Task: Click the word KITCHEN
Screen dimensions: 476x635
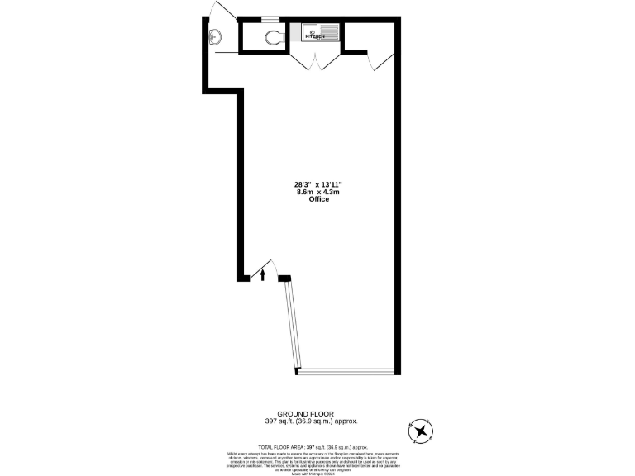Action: [314, 36]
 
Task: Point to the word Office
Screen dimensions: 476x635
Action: [318, 199]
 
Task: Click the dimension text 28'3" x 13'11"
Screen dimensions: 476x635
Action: [318, 184]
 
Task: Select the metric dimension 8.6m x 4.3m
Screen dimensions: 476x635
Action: [318, 192]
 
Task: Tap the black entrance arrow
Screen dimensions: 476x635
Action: [263, 275]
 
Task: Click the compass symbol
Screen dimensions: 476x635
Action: [422, 431]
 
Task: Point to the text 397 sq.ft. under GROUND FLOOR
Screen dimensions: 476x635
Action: [282, 421]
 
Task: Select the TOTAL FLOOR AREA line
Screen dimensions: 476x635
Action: [318, 446]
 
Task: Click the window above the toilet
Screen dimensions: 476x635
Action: [271, 18]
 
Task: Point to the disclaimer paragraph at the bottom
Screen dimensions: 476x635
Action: [318, 462]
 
